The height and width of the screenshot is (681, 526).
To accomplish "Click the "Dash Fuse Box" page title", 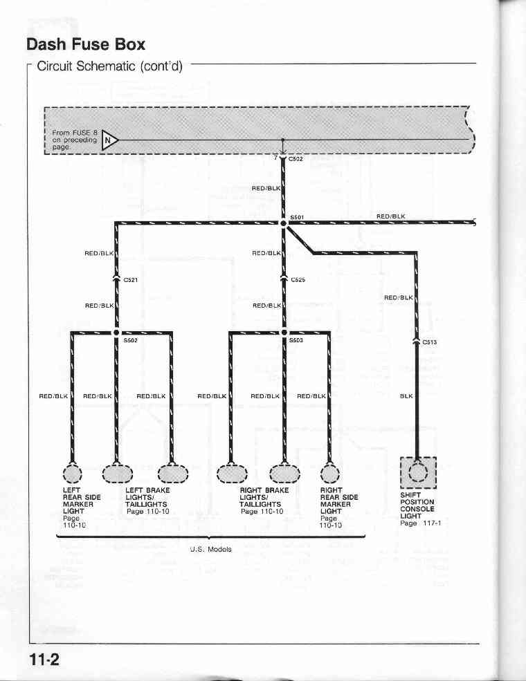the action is (86, 44).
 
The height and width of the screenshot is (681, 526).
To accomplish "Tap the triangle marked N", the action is (109, 140).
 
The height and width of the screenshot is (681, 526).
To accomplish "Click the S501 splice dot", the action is (283, 223).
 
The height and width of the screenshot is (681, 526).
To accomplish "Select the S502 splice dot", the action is (116, 333).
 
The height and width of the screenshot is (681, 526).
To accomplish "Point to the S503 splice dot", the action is (284, 333).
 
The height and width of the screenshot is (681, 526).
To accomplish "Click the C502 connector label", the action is (296, 159).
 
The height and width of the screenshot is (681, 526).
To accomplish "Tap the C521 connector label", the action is (130, 280).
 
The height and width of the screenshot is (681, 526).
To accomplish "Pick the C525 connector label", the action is (298, 280).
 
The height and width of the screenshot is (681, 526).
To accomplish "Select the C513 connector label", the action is (430, 342).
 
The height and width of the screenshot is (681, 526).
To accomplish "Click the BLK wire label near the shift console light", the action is (406, 396).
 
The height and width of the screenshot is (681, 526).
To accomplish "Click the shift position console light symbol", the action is (418, 472).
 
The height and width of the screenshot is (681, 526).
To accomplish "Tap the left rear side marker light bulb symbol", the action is (72, 474).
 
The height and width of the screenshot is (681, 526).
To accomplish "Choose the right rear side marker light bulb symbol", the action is (330, 474).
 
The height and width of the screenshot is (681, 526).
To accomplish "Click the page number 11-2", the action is (44, 660).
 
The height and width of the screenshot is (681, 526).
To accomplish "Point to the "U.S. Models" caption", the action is (211, 550).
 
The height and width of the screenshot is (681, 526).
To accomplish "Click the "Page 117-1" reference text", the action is (420, 523).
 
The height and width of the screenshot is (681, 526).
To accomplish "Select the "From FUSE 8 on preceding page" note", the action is (74, 140).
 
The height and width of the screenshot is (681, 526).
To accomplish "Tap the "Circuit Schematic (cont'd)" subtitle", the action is (109, 66).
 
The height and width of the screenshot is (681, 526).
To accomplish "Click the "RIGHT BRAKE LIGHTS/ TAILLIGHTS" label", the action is (264, 497).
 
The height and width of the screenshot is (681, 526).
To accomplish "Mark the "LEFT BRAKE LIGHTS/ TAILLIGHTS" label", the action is (147, 497).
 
